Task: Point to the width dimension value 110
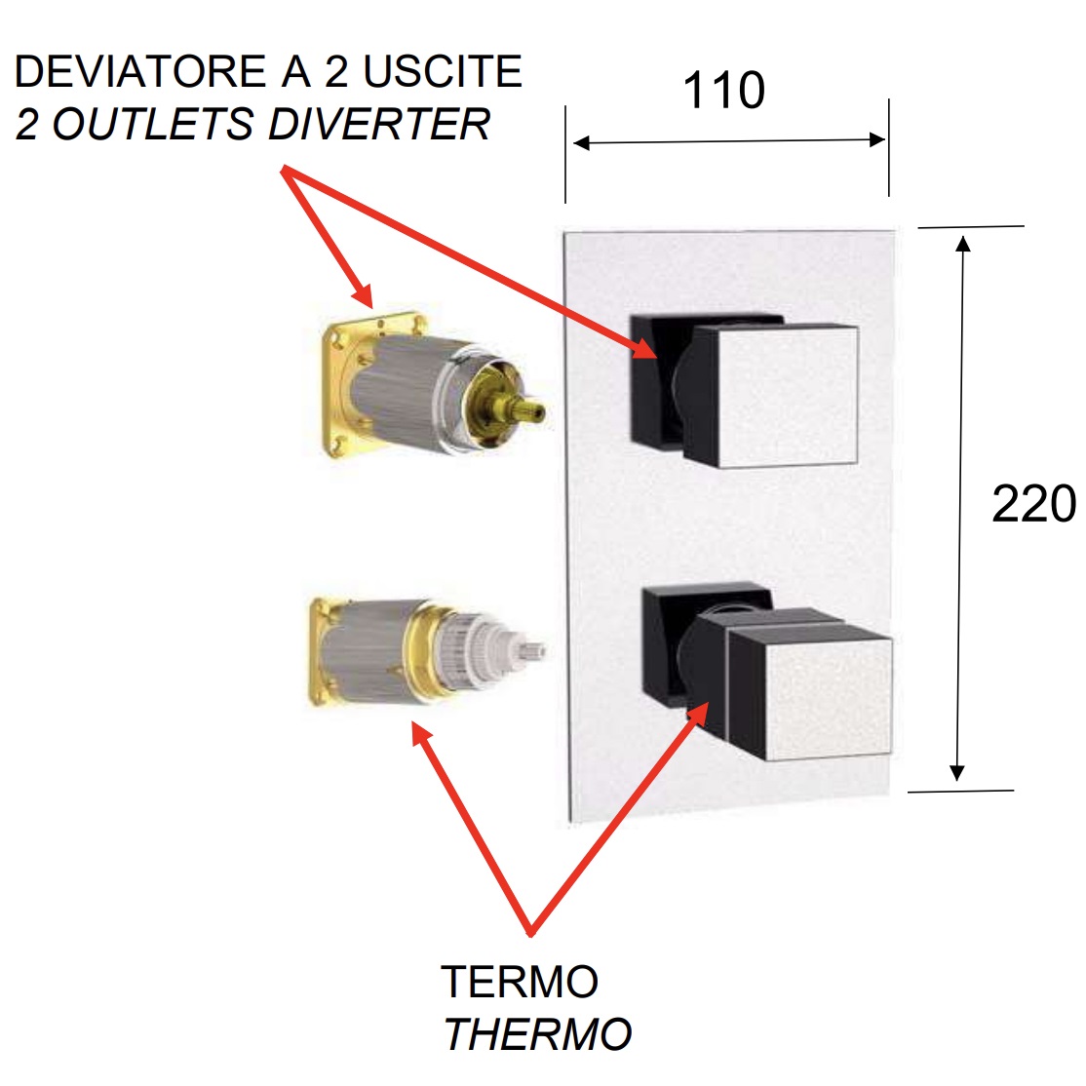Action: coord(723,91)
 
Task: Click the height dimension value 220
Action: coord(1033,505)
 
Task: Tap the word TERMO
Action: coord(520,982)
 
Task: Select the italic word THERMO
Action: coord(538,1034)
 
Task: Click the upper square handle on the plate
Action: coord(770,395)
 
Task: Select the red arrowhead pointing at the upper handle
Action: coord(644,348)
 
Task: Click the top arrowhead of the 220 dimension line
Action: coord(963,242)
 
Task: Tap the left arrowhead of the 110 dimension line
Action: coord(582,143)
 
